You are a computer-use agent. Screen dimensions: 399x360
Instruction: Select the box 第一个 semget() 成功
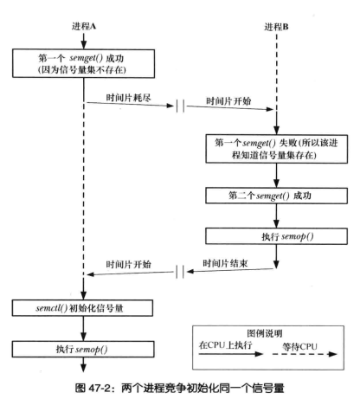click(84, 63)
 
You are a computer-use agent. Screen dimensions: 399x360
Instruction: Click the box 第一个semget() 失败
click(275, 148)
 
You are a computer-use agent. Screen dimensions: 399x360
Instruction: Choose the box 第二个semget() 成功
click(275, 196)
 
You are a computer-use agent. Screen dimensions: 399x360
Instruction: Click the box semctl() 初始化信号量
click(84, 307)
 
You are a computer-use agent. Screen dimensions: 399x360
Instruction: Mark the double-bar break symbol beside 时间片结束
click(179, 271)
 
